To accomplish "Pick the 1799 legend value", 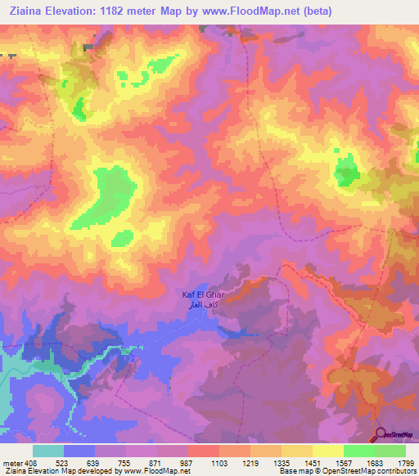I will pyautogui.click(x=405, y=463).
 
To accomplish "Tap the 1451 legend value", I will pyautogui.click(x=313, y=463).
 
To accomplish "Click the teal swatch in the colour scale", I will pyautogui.click(x=48, y=451).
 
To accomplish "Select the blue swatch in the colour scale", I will pyautogui.click(x=79, y=451).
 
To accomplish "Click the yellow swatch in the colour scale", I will pyautogui.click(x=328, y=451).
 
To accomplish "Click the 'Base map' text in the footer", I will pyautogui.click(x=293, y=472).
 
